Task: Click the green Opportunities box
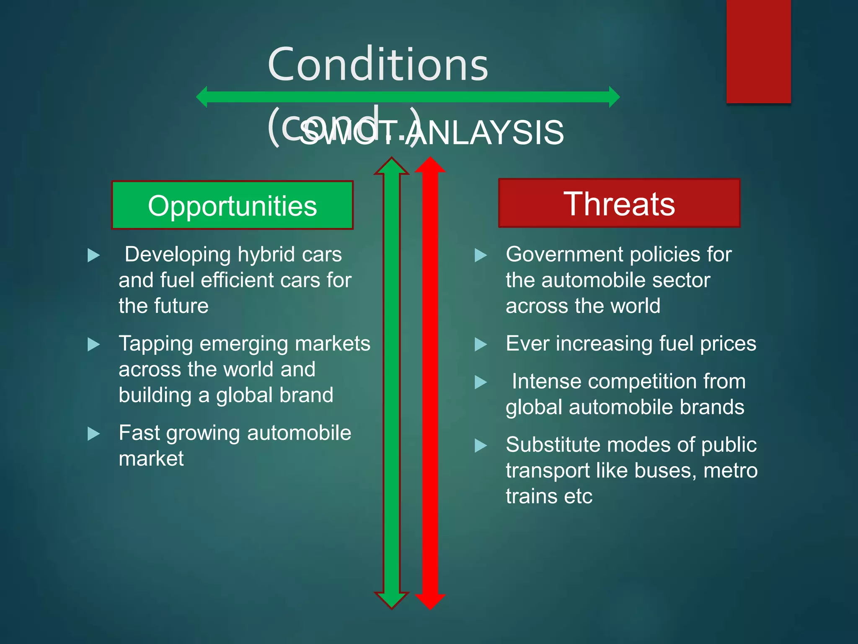pos(232,205)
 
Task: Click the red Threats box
pos(619,203)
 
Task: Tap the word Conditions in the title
pos(378,65)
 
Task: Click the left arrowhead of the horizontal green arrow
pos(202,97)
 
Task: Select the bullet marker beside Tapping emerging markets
pos(93,345)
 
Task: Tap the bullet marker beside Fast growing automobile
pos(93,434)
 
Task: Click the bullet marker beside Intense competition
pos(481,382)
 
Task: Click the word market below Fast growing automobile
pos(151,459)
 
